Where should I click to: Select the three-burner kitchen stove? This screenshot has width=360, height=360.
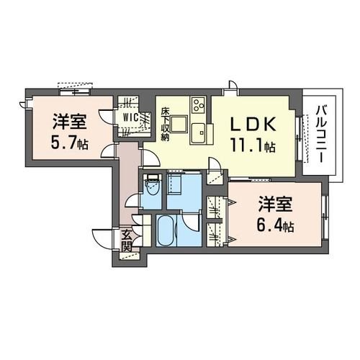pos(196,108)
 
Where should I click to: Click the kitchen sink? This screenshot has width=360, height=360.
pos(198,132)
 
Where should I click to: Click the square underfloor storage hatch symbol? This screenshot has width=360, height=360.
pos(176,186)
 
